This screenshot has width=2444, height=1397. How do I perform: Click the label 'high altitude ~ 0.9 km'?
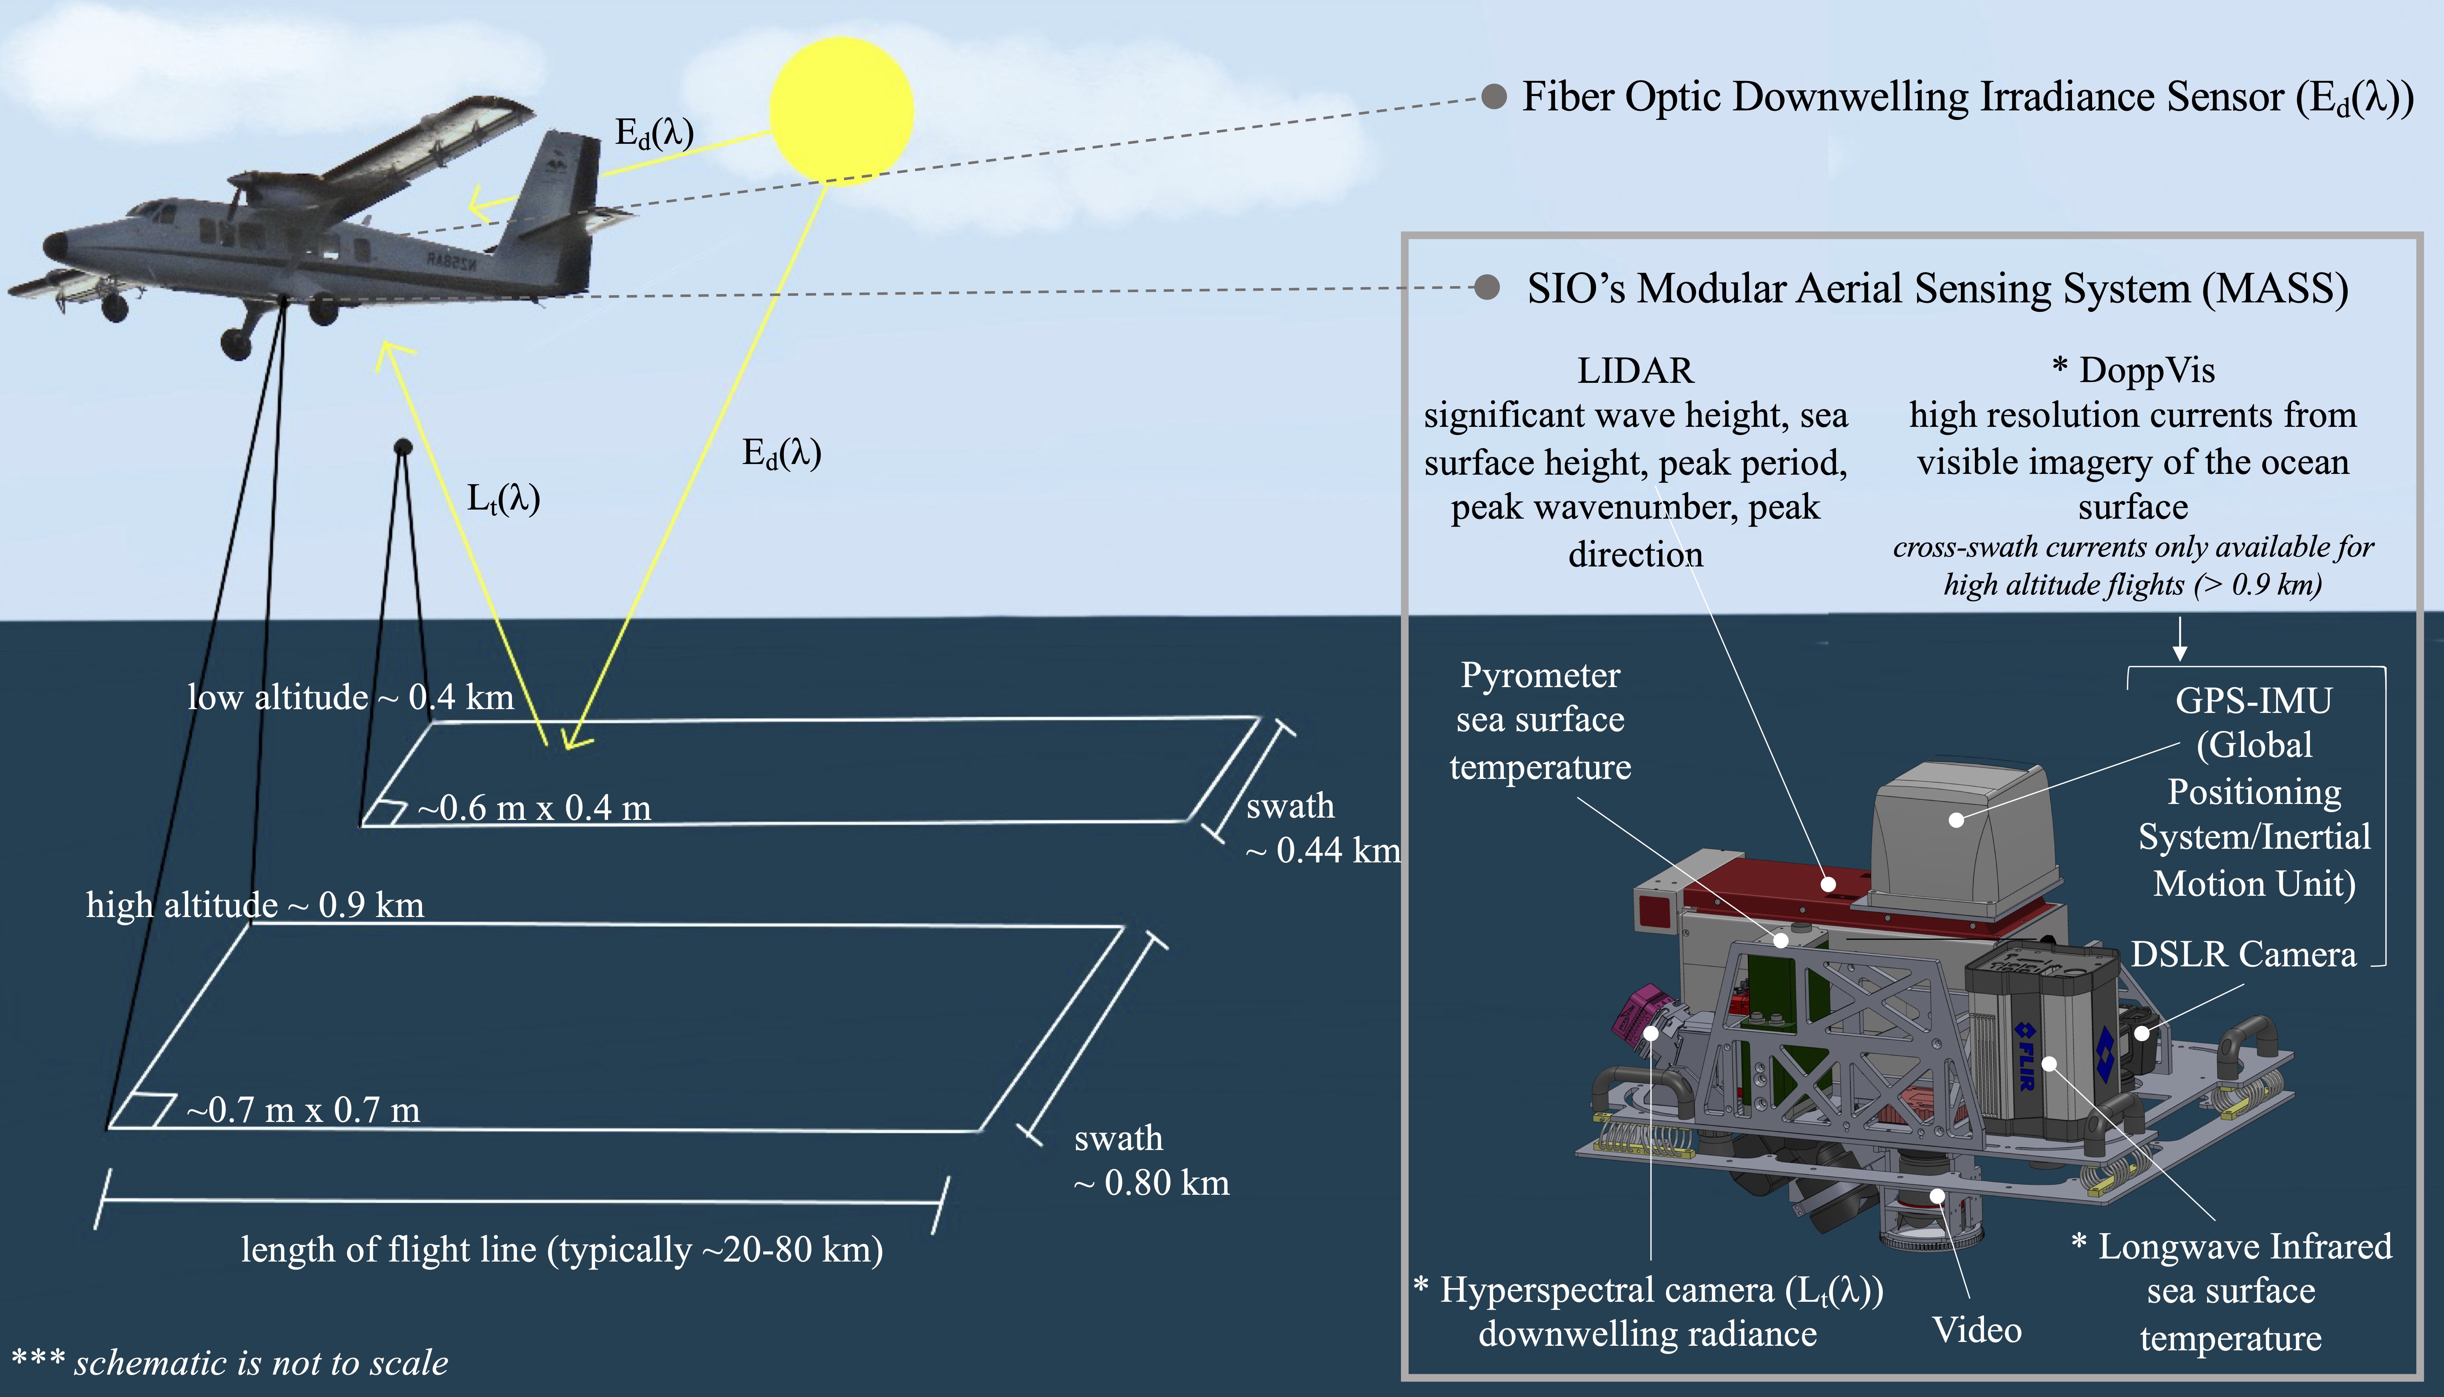(x=254, y=905)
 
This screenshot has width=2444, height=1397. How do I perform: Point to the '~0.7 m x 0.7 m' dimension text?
(x=303, y=1110)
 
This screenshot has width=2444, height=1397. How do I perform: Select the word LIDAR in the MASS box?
(x=1635, y=370)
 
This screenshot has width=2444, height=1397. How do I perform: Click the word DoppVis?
(x=2146, y=370)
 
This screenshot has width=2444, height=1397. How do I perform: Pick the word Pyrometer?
(x=1540, y=675)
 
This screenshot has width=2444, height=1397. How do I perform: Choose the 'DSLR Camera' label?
(x=2242, y=955)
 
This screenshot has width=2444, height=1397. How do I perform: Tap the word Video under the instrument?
(x=1977, y=1330)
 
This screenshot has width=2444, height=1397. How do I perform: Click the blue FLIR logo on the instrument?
(x=2025, y=1056)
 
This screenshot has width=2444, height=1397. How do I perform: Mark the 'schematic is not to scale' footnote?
(x=230, y=1362)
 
